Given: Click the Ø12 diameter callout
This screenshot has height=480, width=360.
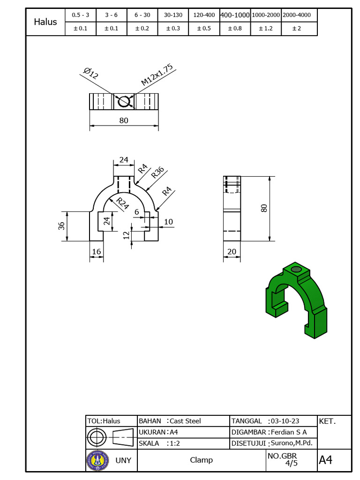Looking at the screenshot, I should [90, 73].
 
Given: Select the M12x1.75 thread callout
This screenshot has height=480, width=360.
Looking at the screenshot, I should [157, 75].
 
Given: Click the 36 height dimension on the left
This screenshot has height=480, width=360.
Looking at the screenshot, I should [61, 226].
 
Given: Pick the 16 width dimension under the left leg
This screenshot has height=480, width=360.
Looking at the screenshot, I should [97, 252].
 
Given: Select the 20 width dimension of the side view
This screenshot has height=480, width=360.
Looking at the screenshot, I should [232, 252].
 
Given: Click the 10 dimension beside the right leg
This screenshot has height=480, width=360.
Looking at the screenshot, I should [168, 222].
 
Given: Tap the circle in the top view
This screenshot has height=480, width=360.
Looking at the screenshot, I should [124, 101].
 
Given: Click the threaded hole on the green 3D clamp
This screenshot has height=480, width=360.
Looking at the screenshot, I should [295, 269].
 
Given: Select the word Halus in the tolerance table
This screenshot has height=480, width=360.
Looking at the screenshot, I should [45, 22].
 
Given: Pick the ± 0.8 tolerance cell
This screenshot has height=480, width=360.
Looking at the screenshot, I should [236, 29].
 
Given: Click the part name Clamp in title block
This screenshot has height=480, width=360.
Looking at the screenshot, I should [201, 460].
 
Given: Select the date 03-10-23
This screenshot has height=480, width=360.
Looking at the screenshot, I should [285, 421].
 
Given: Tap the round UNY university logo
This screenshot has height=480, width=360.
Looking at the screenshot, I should [97, 460].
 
